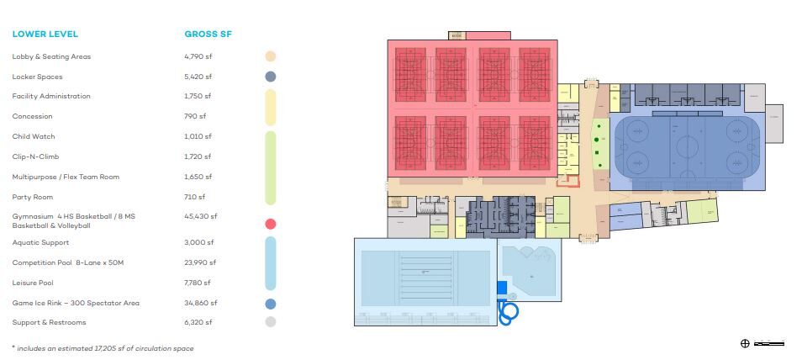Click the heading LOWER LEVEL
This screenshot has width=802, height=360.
pyautogui.click(x=45, y=34)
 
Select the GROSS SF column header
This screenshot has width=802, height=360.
pyautogui.click(x=208, y=34)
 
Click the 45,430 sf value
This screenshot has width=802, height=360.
pyautogui.click(x=200, y=216)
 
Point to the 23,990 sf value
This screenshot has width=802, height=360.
pyautogui.click(x=200, y=263)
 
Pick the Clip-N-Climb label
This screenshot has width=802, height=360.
pyautogui.click(x=35, y=156)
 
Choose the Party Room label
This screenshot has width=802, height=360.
pyautogui.click(x=32, y=197)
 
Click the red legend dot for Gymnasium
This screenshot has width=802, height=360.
pyautogui.click(x=271, y=224)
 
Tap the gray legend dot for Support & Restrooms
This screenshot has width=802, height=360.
pyautogui.click(x=271, y=322)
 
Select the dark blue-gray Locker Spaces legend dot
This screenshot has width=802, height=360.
pyautogui.click(x=271, y=77)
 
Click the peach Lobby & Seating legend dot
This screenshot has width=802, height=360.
pyautogui.click(x=271, y=56)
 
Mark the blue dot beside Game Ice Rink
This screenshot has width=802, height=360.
pyautogui.click(x=271, y=303)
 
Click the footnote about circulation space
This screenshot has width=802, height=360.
pyautogui.click(x=103, y=347)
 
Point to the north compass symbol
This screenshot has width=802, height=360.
pyautogui.click(x=745, y=343)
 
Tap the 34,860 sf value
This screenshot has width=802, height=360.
pyautogui.click(x=200, y=303)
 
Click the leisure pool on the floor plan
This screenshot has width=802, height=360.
pyautogui.click(x=530, y=273)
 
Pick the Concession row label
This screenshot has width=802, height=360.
pyautogui.click(x=32, y=116)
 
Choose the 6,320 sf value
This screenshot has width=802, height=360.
pyautogui.click(x=198, y=322)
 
